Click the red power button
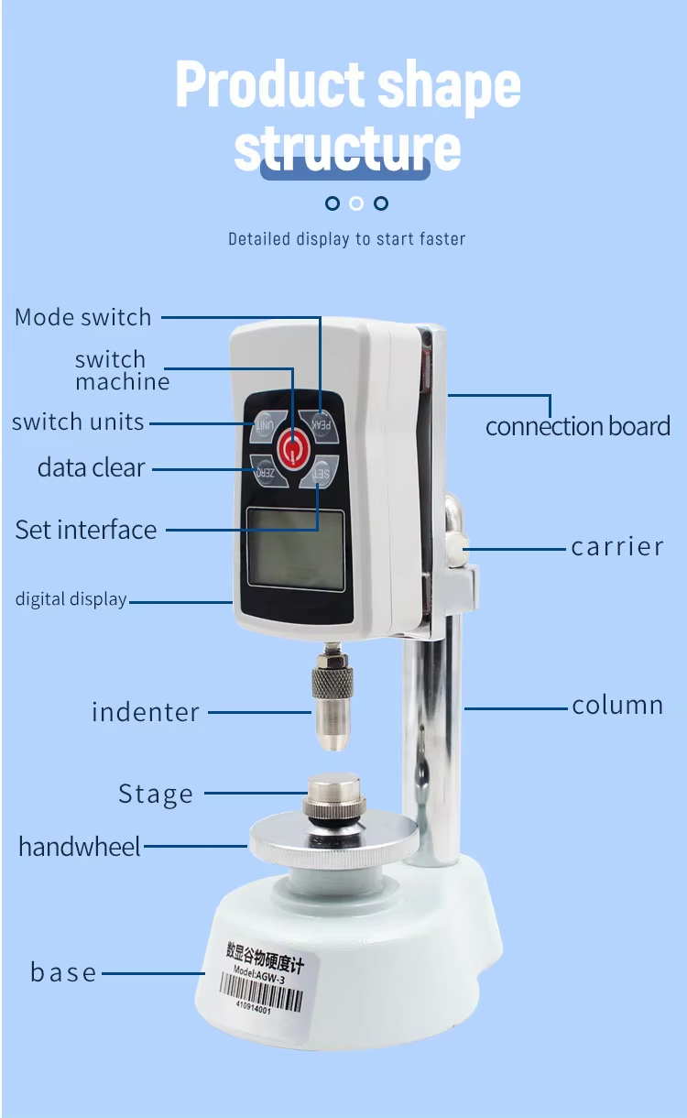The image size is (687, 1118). pyautogui.click(x=292, y=449)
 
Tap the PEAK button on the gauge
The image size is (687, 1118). pyautogui.click(x=322, y=422)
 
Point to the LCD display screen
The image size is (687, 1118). pyautogui.click(x=295, y=549)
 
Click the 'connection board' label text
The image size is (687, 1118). pyautogui.click(x=578, y=427)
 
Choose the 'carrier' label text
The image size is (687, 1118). pyautogui.click(x=616, y=547)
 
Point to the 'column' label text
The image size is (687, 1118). pyautogui.click(x=617, y=706)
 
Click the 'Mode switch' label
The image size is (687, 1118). pyautogui.click(x=83, y=318)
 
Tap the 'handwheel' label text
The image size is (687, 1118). pyautogui.click(x=80, y=846)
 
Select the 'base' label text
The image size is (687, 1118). pyautogui.click(x=63, y=972)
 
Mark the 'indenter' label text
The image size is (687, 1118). pyautogui.click(x=146, y=712)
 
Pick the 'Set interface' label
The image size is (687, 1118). pyautogui.click(x=86, y=530)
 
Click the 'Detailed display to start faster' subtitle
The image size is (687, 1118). pyautogui.click(x=346, y=239)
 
